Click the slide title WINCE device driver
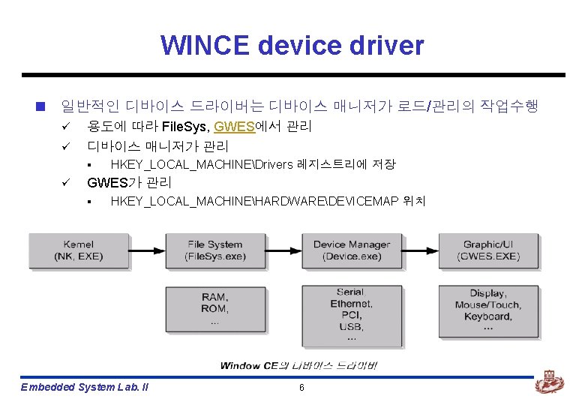(x=292, y=46)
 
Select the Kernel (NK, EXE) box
(x=79, y=250)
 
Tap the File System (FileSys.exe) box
(x=215, y=250)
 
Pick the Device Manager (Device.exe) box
(x=352, y=250)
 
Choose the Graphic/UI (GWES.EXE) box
(x=489, y=250)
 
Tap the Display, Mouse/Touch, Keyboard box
(x=489, y=310)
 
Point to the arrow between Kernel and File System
(x=147, y=250)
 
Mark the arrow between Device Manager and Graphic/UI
(x=420, y=250)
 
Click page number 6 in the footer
(x=301, y=387)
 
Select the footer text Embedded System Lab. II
(x=85, y=387)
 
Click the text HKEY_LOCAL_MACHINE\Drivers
(x=202, y=164)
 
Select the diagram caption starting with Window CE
(x=299, y=365)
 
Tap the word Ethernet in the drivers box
(x=351, y=304)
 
